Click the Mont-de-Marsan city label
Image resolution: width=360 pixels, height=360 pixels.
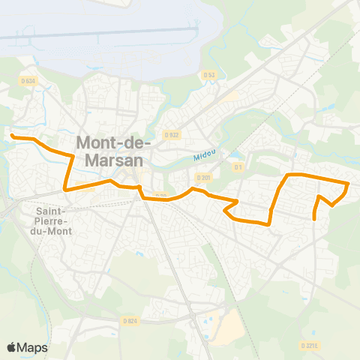(x=114, y=150)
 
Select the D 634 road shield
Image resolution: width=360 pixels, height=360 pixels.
(x=28, y=81)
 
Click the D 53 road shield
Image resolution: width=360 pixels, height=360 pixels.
(x=208, y=74)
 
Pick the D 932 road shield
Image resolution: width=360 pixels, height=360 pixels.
(x=172, y=135)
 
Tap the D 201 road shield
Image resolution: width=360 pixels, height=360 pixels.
(x=202, y=178)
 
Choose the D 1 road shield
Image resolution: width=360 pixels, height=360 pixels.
(x=238, y=166)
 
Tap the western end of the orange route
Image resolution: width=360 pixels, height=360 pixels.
(x=11, y=136)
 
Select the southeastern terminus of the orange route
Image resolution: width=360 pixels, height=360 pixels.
(x=313, y=219)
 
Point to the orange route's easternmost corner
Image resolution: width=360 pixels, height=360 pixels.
(x=349, y=183)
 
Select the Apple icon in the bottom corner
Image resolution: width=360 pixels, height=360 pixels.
(x=11, y=347)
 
